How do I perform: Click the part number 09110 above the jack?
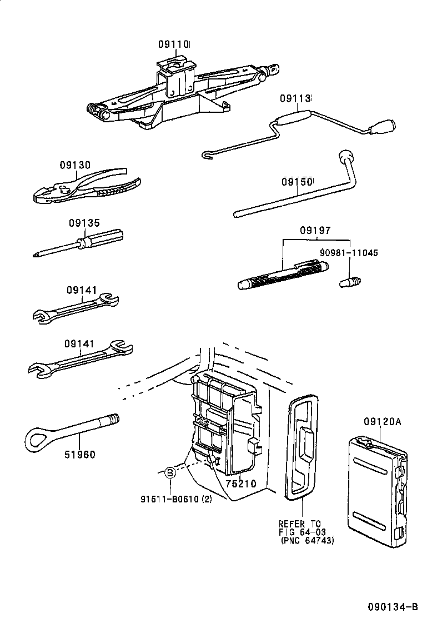click(x=174, y=44)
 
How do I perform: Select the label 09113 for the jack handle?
click(x=295, y=98)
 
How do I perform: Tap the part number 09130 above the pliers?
click(x=75, y=165)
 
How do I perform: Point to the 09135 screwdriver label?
click(x=84, y=223)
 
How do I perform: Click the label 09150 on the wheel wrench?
click(x=297, y=182)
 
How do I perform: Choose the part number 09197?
click(x=315, y=230)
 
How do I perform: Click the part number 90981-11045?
click(x=349, y=253)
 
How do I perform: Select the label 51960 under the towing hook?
click(x=79, y=455)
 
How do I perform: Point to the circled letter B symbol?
click(x=170, y=473)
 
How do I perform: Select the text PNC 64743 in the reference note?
click(x=308, y=541)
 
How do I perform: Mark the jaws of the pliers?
click(x=47, y=195)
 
